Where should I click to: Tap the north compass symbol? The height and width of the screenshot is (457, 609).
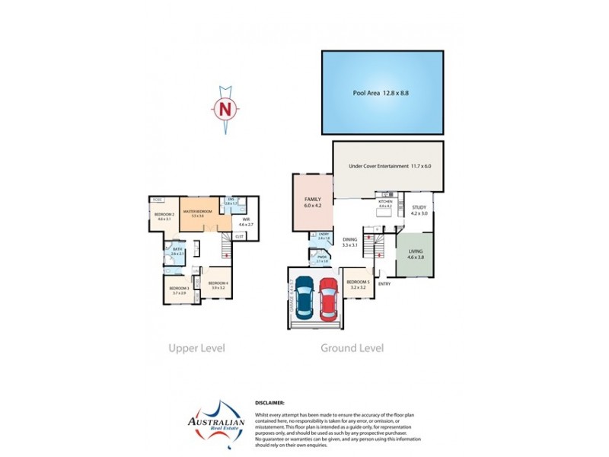(x=225, y=110)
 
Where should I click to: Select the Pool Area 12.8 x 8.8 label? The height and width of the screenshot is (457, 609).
(x=381, y=93)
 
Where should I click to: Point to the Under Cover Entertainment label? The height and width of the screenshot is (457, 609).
(x=390, y=165)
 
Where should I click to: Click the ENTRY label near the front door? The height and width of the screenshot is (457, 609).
(x=384, y=284)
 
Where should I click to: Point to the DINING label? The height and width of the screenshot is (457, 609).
(x=350, y=241)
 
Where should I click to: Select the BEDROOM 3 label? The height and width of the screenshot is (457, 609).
(x=179, y=290)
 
